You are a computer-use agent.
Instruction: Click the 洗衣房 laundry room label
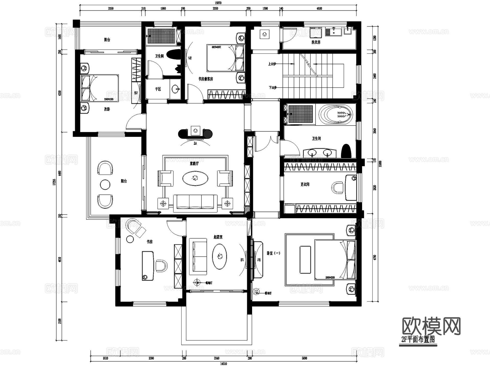pyautogui.click(x=316, y=42)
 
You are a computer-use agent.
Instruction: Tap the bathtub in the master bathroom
pyautogui.click(x=335, y=114)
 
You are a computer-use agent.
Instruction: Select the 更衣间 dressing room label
pyautogui.click(x=305, y=184)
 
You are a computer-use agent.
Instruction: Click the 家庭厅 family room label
pyautogui.click(x=194, y=164)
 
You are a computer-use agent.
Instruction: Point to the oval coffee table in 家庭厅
pyautogui.click(x=195, y=179)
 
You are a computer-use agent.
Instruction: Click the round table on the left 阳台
pyautogui.click(x=105, y=184)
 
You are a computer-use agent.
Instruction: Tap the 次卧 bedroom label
pyautogui.click(x=107, y=109)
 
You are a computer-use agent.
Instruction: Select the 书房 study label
pyautogui.click(x=149, y=242)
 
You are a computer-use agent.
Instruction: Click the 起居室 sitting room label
pyautogui.click(x=218, y=237)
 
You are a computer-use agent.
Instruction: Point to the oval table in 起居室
pyautogui.click(x=219, y=256)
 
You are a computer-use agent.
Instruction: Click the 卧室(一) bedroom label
pyautogui.click(x=273, y=253)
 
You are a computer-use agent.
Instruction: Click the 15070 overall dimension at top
pyautogui.click(x=218, y=3)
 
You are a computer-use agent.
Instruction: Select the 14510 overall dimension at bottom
pyautogui.click(x=223, y=363)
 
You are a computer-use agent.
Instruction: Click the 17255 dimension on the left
pyautogui.click(x=54, y=182)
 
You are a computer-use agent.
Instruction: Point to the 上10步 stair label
pyautogui.click(x=272, y=64)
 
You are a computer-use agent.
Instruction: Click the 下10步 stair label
pyautogui.click(x=272, y=88)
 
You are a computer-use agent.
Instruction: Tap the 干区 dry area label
pyautogui.click(x=158, y=89)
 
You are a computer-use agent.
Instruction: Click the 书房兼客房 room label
pyautogui.click(x=206, y=79)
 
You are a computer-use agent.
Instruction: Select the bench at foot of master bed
pyautogui.click(x=305, y=260)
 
